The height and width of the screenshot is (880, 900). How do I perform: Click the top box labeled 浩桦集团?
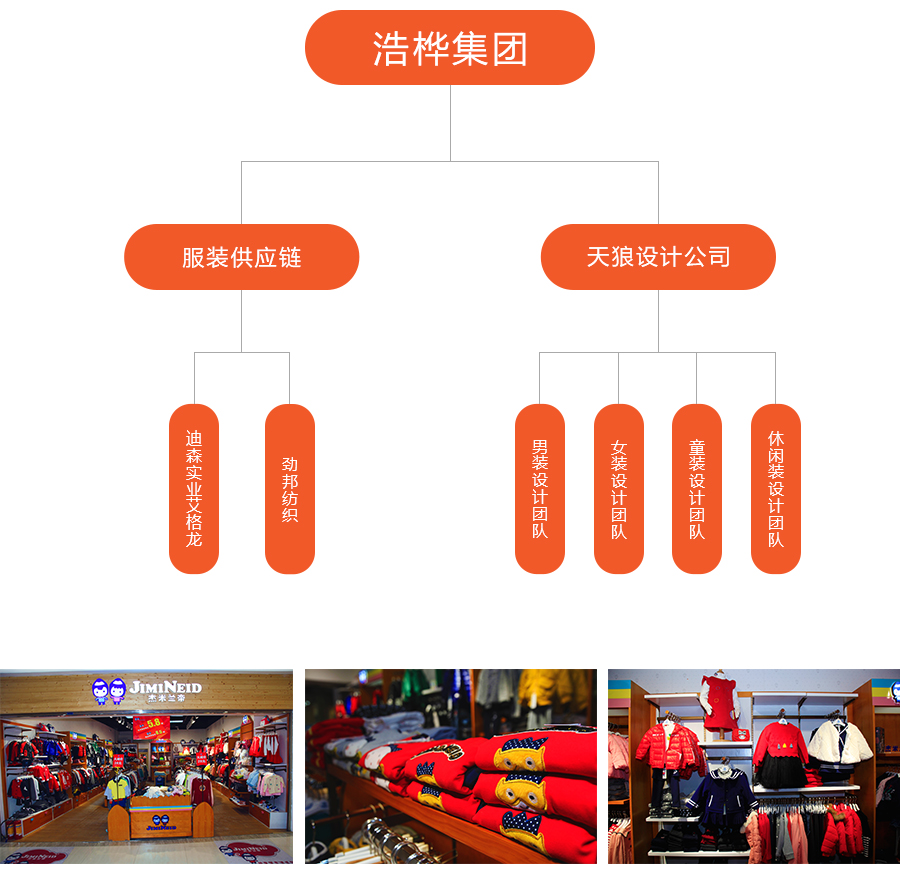tap(449, 48)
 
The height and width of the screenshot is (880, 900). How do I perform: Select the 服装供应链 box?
tap(241, 257)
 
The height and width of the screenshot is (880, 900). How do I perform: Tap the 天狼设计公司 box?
tap(658, 257)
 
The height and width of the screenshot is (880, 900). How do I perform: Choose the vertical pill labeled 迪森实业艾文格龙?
tap(194, 488)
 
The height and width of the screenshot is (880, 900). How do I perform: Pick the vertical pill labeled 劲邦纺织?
tap(290, 488)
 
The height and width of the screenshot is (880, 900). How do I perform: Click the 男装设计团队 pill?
tap(540, 488)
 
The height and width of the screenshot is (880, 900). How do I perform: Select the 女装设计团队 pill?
tap(619, 488)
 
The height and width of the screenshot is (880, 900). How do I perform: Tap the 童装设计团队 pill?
tap(697, 488)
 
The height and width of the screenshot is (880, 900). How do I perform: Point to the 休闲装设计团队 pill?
tap(776, 488)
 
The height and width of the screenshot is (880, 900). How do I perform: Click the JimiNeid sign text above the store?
tap(166, 688)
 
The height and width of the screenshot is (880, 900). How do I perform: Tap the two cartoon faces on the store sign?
tap(109, 690)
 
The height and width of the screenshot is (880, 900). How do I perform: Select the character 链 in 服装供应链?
tap(290, 257)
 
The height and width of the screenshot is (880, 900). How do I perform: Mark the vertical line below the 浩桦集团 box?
tap(450, 122)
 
